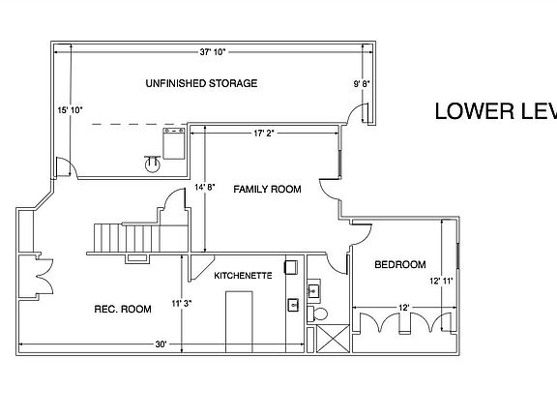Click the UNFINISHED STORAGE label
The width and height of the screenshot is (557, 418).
(x=201, y=83)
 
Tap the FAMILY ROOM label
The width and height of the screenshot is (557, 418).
(x=268, y=189)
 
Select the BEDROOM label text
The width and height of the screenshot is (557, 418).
(x=400, y=264)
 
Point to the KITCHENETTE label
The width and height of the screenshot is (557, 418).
(x=243, y=276)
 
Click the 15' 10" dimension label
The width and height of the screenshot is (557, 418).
(x=71, y=109)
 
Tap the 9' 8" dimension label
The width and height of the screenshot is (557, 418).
(x=363, y=84)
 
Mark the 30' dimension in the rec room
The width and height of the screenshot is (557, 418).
(x=161, y=344)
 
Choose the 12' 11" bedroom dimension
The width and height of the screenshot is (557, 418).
(x=441, y=281)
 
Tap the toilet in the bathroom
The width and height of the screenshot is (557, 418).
(x=322, y=313)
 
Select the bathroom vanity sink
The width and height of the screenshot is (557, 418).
(x=314, y=289)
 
